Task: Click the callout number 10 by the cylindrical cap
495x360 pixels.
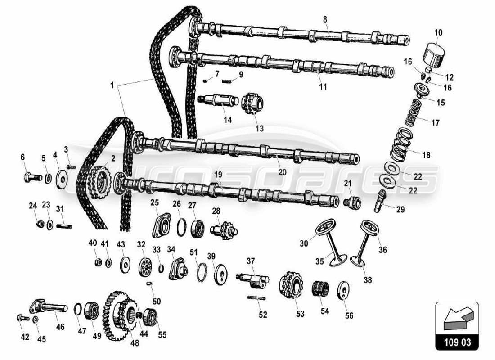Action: tap(438, 32)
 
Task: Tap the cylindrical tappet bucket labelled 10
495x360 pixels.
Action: tap(435, 54)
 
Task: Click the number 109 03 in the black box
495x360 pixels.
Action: tap(456, 342)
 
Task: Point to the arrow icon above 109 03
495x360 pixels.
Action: tap(456, 318)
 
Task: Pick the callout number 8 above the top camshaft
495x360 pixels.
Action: tap(325, 19)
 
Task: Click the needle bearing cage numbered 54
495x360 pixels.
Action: tap(320, 288)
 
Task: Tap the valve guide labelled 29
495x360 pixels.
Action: tap(379, 201)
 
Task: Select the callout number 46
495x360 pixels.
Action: tap(60, 327)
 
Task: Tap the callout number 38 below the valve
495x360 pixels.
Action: tap(368, 279)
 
